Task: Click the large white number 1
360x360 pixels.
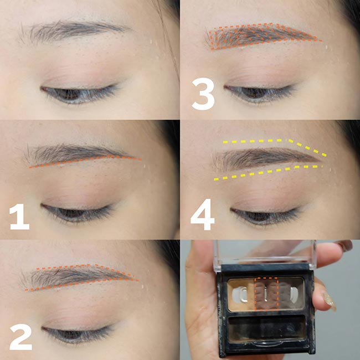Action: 20,217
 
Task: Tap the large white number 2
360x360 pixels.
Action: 20,337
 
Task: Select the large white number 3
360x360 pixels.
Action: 203,94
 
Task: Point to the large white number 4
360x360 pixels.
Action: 203,214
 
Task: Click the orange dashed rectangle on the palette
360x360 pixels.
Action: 266,294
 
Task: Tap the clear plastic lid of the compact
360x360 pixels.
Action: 265,253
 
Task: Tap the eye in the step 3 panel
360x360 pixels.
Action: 259,94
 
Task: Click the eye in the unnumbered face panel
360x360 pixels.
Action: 79,94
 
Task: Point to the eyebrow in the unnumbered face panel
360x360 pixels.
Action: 74,30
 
